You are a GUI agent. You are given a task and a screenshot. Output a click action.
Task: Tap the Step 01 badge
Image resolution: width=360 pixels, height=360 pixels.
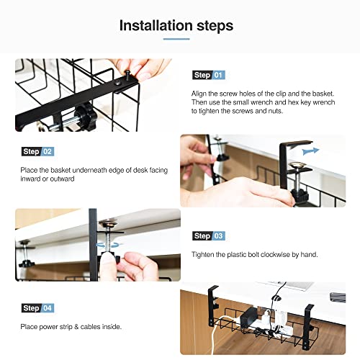click(209, 75)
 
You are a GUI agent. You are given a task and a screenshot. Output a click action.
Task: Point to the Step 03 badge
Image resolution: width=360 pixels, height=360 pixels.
click(209, 236)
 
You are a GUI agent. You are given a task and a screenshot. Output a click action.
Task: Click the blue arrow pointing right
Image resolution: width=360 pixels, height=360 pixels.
click(310, 151)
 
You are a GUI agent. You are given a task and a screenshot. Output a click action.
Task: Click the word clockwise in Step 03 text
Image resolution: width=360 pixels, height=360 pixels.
click(279, 255)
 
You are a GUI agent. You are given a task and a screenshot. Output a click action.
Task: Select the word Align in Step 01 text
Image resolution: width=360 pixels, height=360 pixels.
click(201, 94)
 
